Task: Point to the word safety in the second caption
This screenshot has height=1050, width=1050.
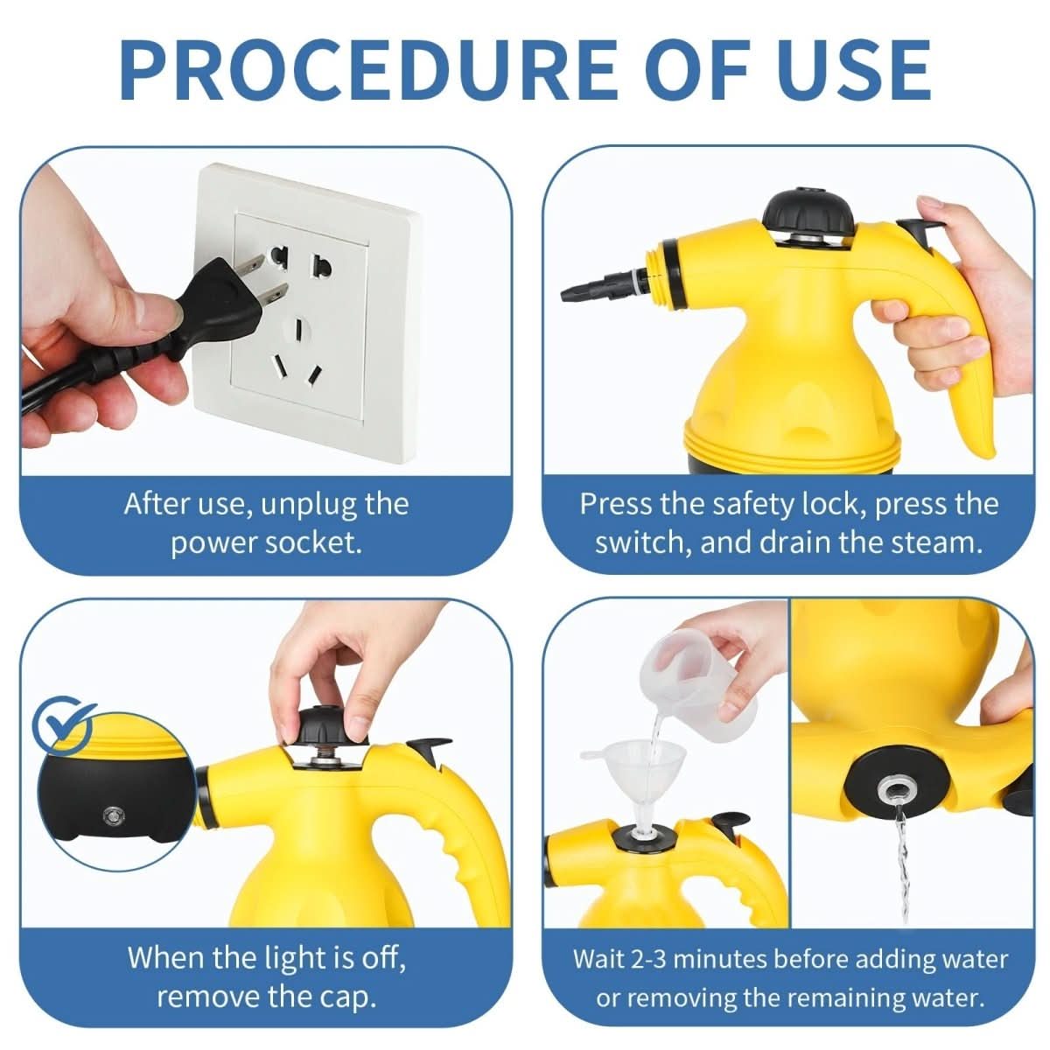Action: coord(753,505)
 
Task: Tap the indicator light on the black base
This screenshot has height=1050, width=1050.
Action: coord(111,815)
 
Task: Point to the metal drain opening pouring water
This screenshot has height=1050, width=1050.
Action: coord(893,792)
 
